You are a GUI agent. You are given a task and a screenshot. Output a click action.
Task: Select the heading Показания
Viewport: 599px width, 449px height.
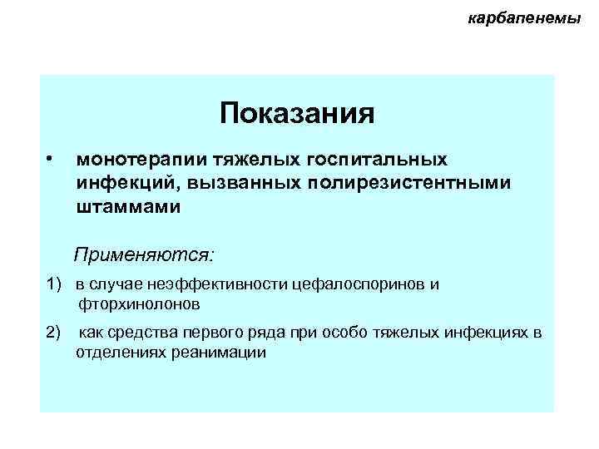point(297,112)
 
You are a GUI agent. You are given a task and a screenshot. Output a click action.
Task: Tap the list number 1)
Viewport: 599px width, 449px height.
point(54,285)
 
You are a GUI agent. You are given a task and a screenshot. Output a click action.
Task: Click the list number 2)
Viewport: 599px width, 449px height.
point(54,333)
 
